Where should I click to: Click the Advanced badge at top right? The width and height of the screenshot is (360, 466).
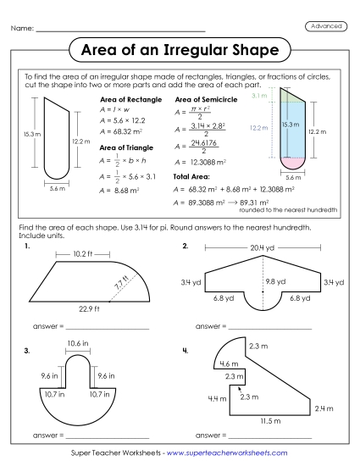(x=326, y=26)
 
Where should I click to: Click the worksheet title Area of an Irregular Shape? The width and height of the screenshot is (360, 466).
(x=179, y=51)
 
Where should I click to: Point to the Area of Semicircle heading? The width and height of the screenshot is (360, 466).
(x=203, y=100)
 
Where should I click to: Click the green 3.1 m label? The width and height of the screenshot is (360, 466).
(x=259, y=98)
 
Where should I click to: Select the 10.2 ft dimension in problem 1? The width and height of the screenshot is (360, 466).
(x=81, y=253)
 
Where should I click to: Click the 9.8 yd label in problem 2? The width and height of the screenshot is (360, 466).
(x=274, y=280)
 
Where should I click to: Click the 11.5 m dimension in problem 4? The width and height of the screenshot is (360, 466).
(x=271, y=420)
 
